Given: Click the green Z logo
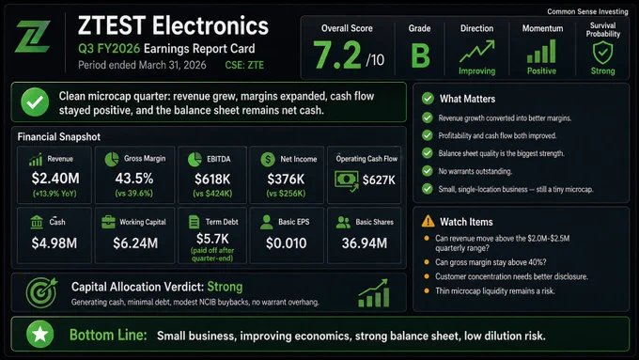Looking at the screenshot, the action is [x=33, y=37].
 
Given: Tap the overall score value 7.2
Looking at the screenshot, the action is [x=337, y=55].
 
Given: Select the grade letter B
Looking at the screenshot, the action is [x=420, y=55].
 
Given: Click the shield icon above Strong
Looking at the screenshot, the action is [x=602, y=53].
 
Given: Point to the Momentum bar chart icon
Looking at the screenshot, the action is [x=541, y=51].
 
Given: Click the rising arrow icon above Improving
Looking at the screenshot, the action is [x=476, y=51].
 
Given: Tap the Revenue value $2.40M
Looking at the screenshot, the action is [x=55, y=179].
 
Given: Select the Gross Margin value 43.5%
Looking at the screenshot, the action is [x=134, y=179].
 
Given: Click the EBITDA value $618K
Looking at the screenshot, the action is [x=212, y=179].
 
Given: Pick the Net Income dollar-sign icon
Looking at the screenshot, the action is [x=268, y=159].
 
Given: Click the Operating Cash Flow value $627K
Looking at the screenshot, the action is [x=379, y=180].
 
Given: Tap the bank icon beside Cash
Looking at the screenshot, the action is [x=37, y=222].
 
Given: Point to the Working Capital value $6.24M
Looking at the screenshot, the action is [x=135, y=243].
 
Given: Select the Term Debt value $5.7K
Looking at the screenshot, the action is [x=212, y=239].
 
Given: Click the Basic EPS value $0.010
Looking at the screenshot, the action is [x=286, y=243].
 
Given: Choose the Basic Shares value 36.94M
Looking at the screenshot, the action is [x=365, y=243].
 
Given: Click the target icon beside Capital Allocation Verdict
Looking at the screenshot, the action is [x=41, y=292].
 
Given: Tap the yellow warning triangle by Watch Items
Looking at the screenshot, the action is [x=428, y=222].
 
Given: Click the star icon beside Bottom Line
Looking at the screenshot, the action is [x=39, y=335].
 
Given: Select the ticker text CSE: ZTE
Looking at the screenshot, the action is [x=244, y=65].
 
